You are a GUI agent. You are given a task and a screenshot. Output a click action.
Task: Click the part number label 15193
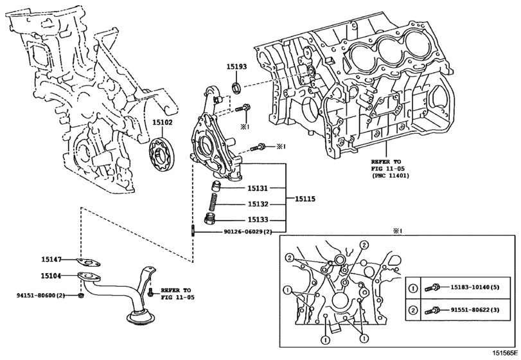pyautogui.click(x=236, y=66)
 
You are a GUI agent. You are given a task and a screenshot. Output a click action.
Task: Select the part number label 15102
pyautogui.click(x=163, y=122)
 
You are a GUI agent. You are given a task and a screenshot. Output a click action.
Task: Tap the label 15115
pyautogui.click(x=305, y=199)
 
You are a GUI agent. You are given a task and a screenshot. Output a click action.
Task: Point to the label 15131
pyautogui.click(x=258, y=188)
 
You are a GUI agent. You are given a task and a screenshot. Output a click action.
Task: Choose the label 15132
pyautogui.click(x=258, y=204)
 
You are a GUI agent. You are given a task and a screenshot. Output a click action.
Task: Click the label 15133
pyautogui.click(x=258, y=220)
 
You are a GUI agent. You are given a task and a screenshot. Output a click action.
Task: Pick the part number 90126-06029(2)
pyautogui.click(x=245, y=231)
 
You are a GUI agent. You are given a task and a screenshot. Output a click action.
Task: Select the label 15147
pyautogui.click(x=51, y=259)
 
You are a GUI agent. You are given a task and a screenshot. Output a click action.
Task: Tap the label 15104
pyautogui.click(x=51, y=276)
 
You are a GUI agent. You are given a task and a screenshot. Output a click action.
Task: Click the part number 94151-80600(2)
pyautogui.click(x=40, y=295)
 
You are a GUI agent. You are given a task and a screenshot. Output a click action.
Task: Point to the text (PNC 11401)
pyautogui.click(x=390, y=175)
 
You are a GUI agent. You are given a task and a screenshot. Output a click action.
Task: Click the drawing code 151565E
pyautogui.click(x=505, y=353)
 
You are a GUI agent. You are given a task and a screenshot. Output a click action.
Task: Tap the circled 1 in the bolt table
pyautogui.click(x=412, y=288)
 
